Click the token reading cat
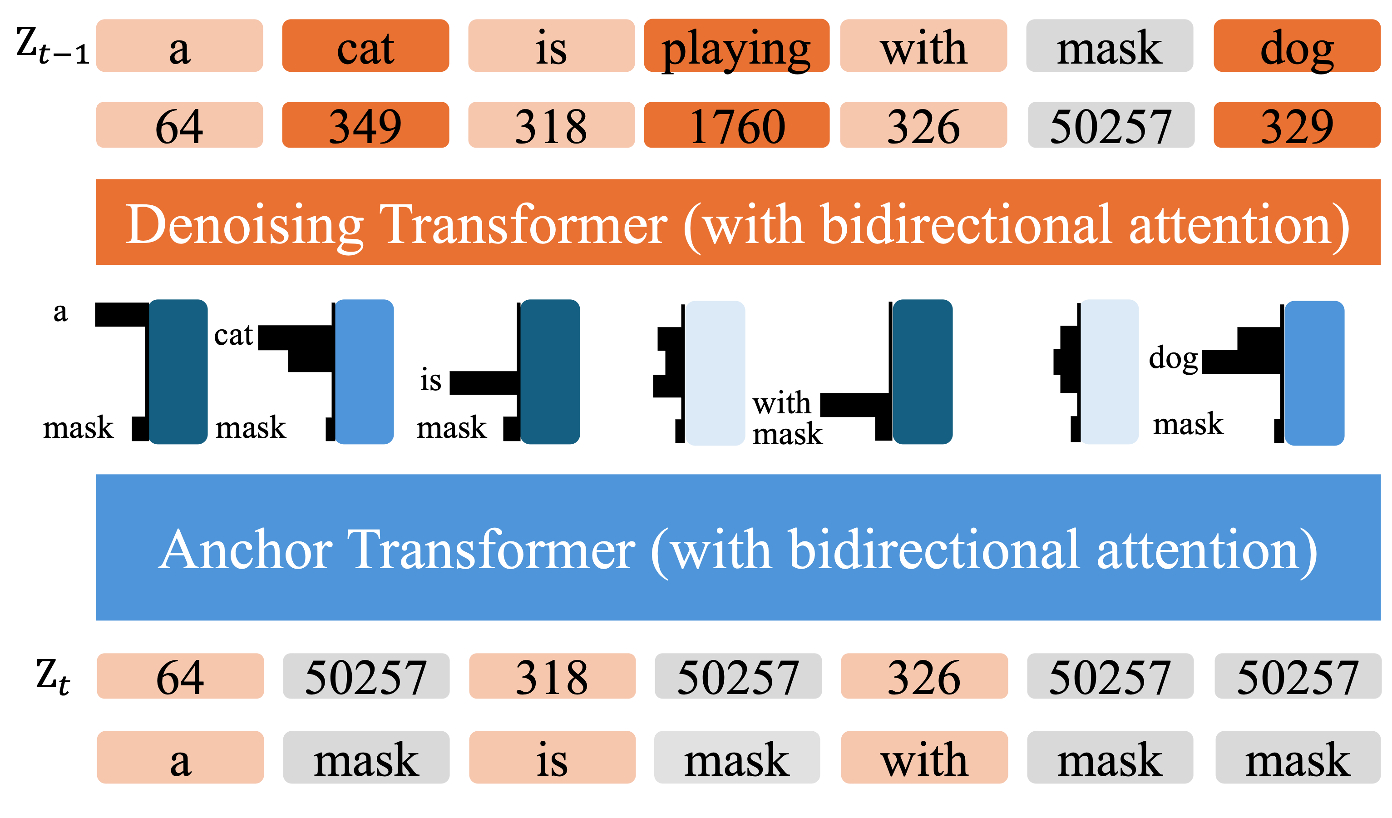click(365, 46)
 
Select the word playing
click(736, 46)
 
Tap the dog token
click(1297, 46)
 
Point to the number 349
click(365, 125)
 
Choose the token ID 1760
click(736, 125)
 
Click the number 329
click(1297, 125)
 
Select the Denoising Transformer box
click(738, 222)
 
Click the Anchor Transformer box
click(738, 547)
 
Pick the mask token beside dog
click(1109, 46)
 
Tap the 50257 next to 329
click(1111, 125)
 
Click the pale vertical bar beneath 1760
click(715, 373)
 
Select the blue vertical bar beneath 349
click(365, 372)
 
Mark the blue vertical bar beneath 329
click(1314, 373)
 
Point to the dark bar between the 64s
click(178, 372)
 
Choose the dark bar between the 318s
click(550, 372)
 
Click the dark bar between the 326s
click(923, 372)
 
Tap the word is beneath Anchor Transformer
click(552, 757)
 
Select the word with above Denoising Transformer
click(923, 46)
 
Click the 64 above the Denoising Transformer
click(179, 125)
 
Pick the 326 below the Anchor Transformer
click(924, 676)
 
